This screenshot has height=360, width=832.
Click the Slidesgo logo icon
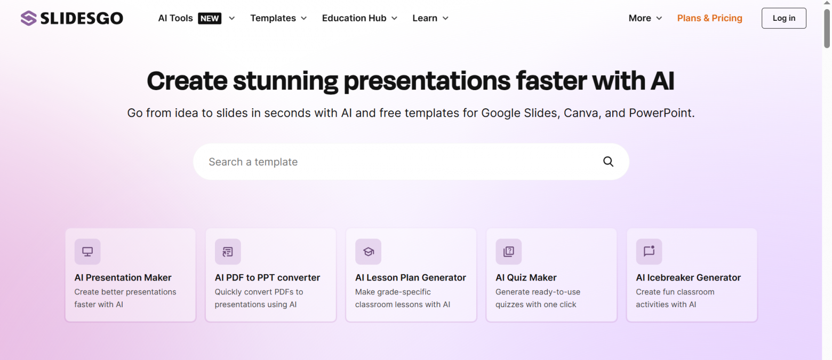click(x=29, y=18)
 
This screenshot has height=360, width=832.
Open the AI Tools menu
click(x=175, y=18)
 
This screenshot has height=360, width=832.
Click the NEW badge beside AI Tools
click(x=210, y=18)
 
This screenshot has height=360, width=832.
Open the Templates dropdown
click(x=278, y=18)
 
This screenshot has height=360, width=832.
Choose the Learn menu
click(x=430, y=18)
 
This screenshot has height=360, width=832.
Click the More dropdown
click(x=645, y=18)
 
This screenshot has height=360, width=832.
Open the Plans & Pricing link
click(x=709, y=18)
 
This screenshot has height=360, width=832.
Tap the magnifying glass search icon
click(x=608, y=162)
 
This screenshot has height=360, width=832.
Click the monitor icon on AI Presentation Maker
click(x=87, y=252)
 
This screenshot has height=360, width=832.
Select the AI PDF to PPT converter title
click(x=267, y=277)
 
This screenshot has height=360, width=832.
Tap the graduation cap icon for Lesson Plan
click(x=368, y=252)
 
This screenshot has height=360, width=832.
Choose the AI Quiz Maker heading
click(x=526, y=277)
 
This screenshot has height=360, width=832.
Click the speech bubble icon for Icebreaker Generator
click(x=649, y=252)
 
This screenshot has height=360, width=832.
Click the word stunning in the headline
click(x=285, y=82)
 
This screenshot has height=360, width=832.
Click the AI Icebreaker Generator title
click(x=688, y=277)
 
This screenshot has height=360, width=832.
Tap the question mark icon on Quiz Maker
click(x=508, y=252)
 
